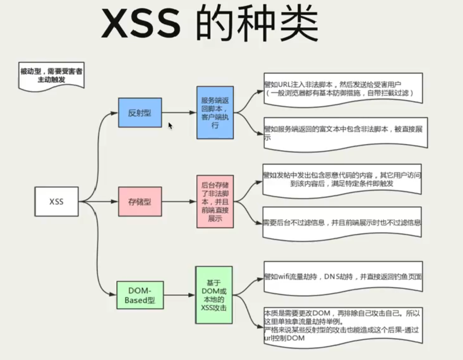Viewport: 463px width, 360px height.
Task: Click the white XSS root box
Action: pyautogui.click(x=56, y=201)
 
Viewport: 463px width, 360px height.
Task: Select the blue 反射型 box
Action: pyautogui.click(x=140, y=113)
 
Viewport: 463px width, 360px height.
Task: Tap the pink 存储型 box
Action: pyautogui.click(x=140, y=201)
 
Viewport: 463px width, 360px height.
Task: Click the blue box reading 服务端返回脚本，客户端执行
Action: pyautogui.click(x=215, y=112)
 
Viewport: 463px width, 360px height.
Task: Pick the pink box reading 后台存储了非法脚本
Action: pyautogui.click(x=215, y=201)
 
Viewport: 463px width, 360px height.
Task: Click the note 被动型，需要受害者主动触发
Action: pyautogui.click(x=51, y=75)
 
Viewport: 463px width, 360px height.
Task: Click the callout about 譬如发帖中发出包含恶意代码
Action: pyautogui.click(x=342, y=179)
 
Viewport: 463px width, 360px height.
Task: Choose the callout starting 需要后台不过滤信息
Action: pyautogui.click(x=342, y=223)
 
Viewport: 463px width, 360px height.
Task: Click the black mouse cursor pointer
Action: pyautogui.click(x=170, y=126)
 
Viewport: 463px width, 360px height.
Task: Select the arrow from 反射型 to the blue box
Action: pyautogui.click(x=179, y=113)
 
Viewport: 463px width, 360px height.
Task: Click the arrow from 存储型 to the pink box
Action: pyautogui.click(x=179, y=201)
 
